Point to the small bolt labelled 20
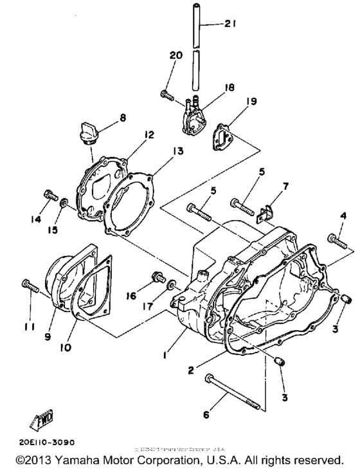tap(168, 95)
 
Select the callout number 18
tap(227, 85)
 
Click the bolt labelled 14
tap(50, 194)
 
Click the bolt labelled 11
tap(28, 283)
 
